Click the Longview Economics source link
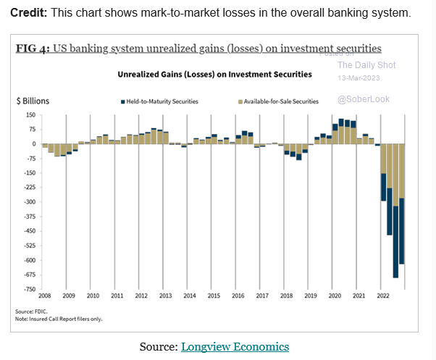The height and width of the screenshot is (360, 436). pos(235,346)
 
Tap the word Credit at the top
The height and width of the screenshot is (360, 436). pos(28,14)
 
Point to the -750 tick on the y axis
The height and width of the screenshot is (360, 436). pos(30,289)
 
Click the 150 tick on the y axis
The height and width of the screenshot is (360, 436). pos(31,115)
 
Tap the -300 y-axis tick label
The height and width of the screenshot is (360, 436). pos(30,202)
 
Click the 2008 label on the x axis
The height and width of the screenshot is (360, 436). pos(45,296)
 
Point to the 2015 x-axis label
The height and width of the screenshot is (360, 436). pos(214,296)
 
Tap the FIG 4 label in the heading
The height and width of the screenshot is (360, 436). pos(31,49)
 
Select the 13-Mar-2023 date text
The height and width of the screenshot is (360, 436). pos(356,78)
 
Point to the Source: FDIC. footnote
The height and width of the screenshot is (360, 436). pos(35,311)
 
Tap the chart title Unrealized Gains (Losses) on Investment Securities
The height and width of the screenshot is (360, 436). pos(214,74)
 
